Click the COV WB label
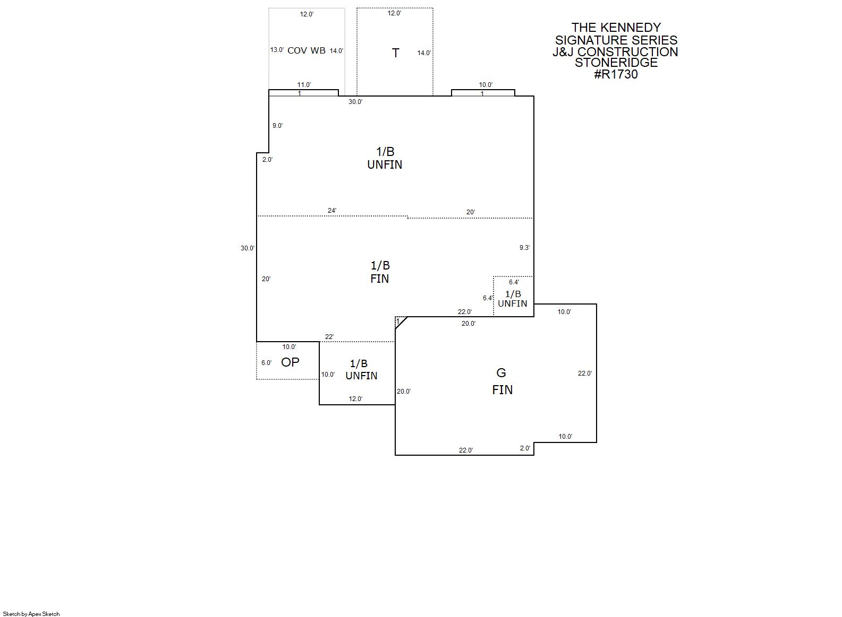[307, 51]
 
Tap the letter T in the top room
[395, 53]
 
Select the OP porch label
[290, 362]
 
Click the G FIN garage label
[502, 381]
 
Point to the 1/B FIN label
[380, 272]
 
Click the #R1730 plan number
[616, 74]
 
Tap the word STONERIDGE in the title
[616, 63]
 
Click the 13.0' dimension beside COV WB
[277, 49]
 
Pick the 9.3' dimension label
[525, 248]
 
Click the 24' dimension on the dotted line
[332, 211]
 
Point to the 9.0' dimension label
[277, 126]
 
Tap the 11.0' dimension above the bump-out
[304, 85]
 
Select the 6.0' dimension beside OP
[267, 363]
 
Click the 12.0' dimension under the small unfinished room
[355, 399]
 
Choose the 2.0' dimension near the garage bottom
[525, 448]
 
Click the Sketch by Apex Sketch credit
[31, 614]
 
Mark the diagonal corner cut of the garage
[402, 323]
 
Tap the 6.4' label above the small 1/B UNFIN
[514, 282]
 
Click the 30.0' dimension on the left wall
[248, 248]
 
